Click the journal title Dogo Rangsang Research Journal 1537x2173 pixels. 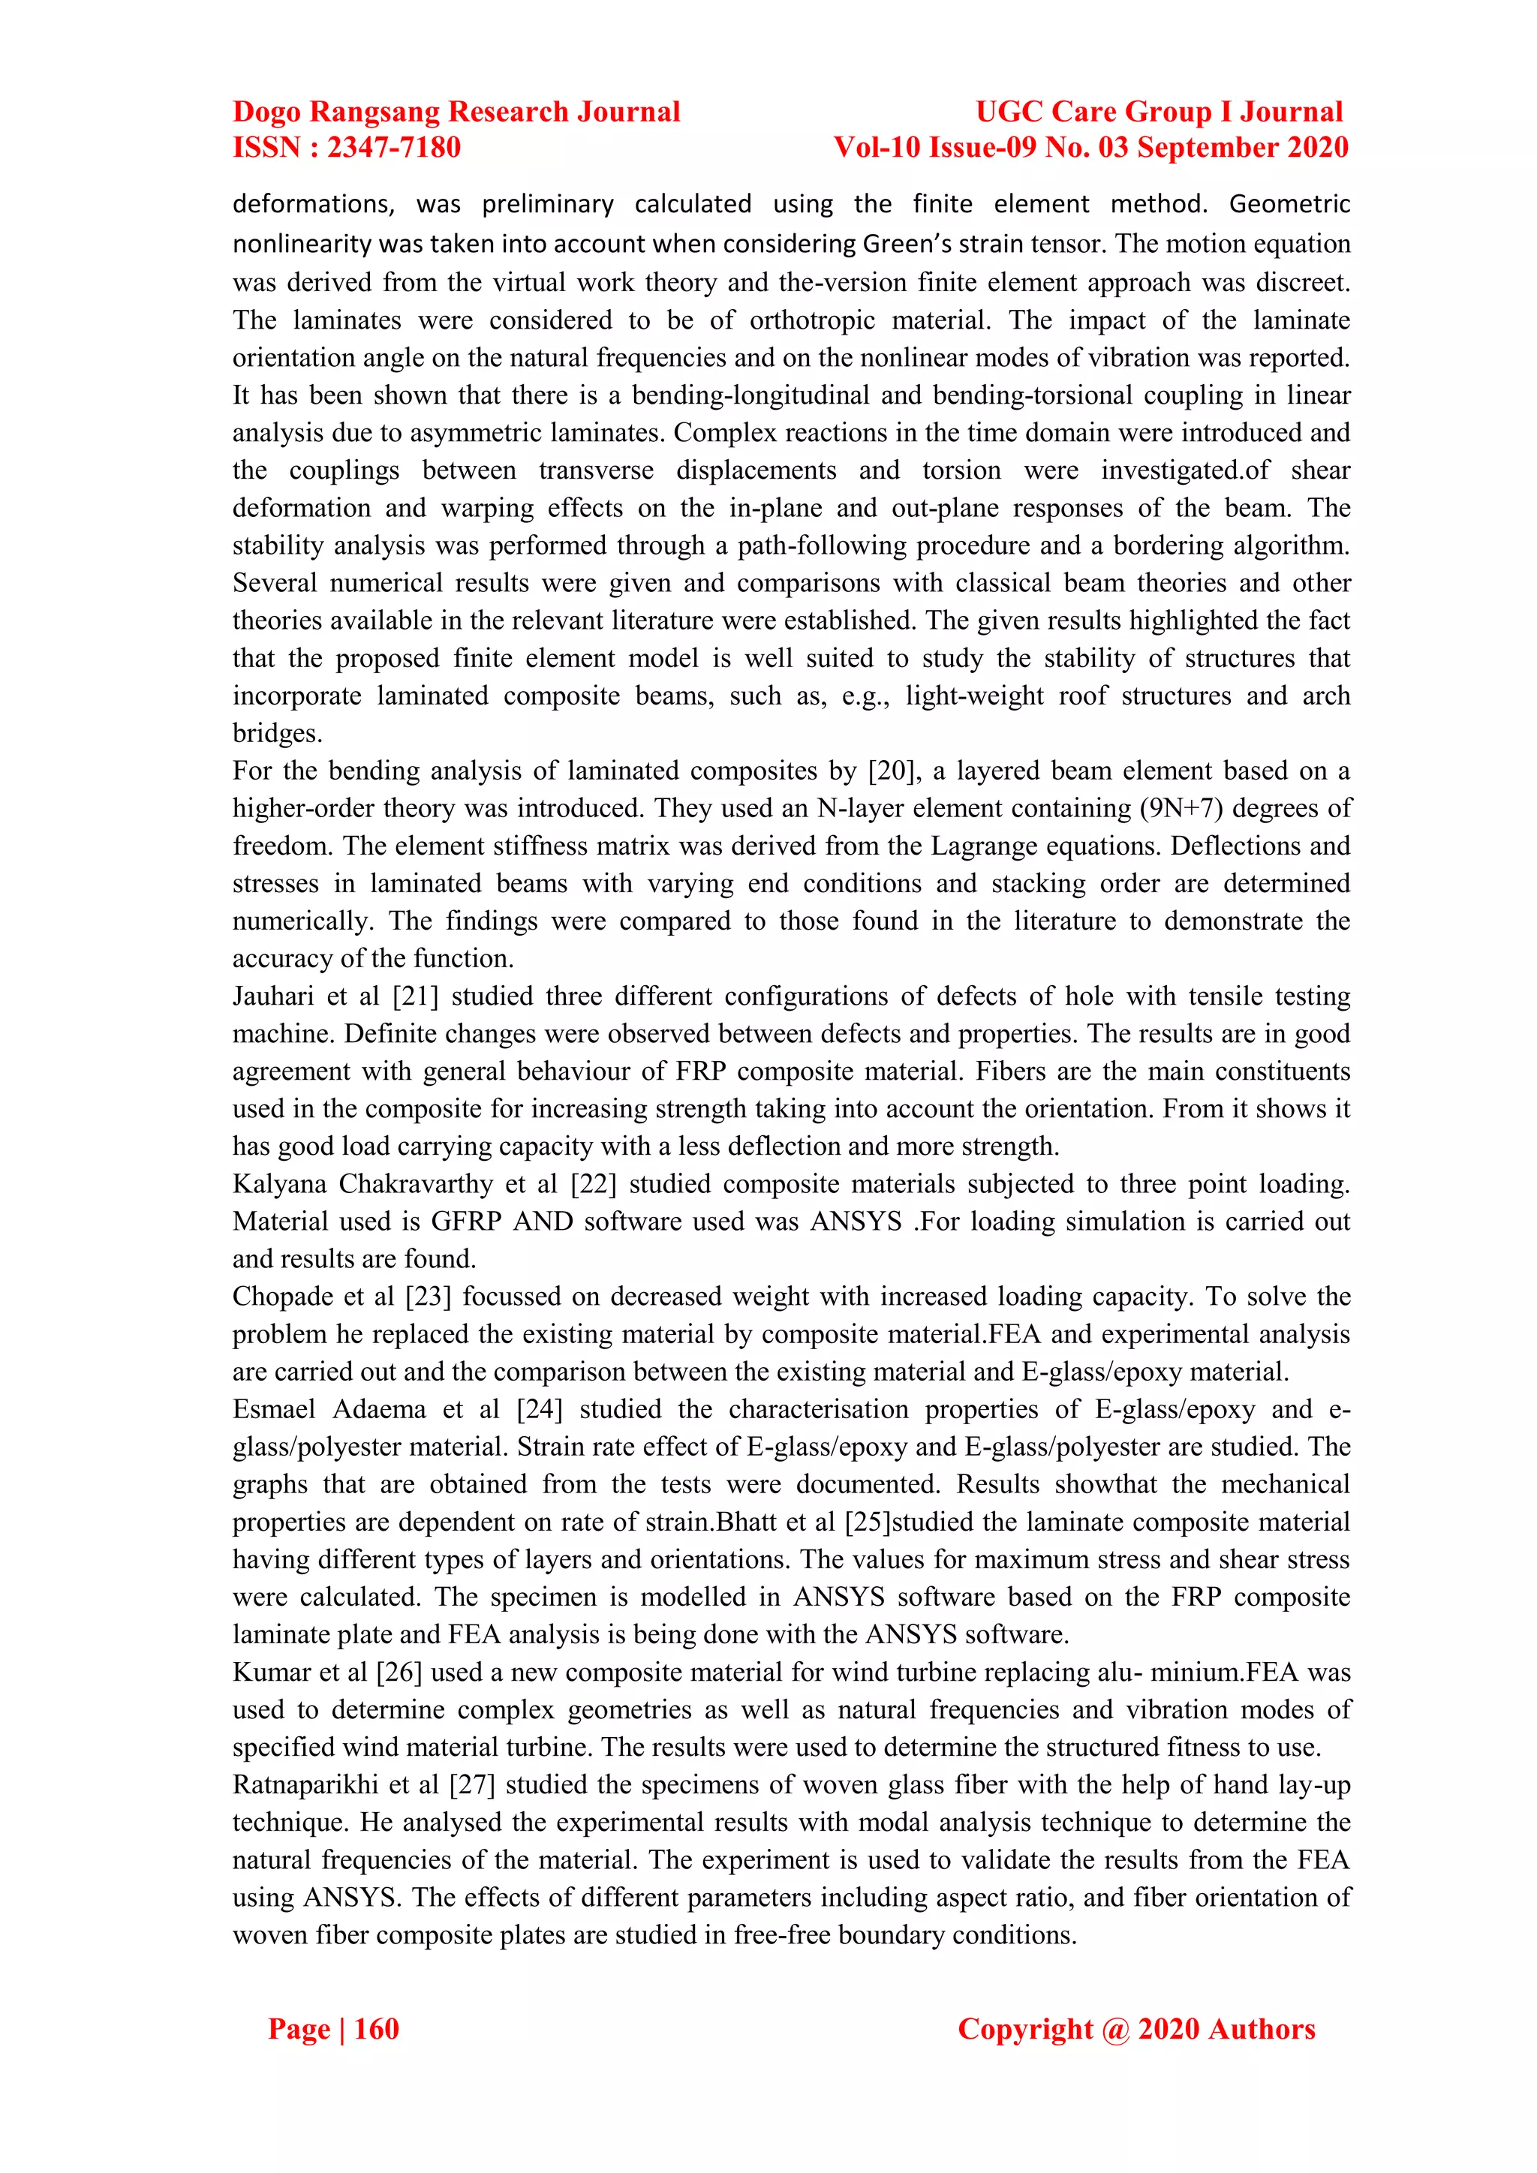pyautogui.click(x=456, y=112)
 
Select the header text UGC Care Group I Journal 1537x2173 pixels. pyautogui.click(x=1159, y=112)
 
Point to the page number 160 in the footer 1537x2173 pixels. pyautogui.click(x=376, y=2029)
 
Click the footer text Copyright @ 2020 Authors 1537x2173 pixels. pyautogui.click(x=1135, y=2029)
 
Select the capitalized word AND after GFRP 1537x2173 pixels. pyautogui.click(x=543, y=1222)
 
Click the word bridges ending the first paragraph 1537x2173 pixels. pyautogui.click(x=275, y=735)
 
